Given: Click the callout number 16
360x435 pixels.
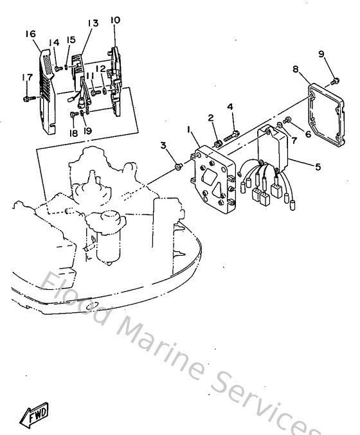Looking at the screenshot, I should click(x=30, y=33).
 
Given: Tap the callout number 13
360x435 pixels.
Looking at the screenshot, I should click(x=93, y=23).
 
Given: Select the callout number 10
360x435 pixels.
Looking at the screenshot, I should click(x=114, y=21).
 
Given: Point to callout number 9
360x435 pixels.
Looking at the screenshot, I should click(x=321, y=54).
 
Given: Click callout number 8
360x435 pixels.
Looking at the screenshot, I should click(x=295, y=69).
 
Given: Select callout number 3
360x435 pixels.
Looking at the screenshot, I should click(x=164, y=146).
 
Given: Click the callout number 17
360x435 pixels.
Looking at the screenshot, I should click(x=26, y=77).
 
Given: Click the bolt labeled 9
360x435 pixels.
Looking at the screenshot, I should click(x=335, y=80).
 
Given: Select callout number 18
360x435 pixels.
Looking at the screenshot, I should click(x=74, y=133).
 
